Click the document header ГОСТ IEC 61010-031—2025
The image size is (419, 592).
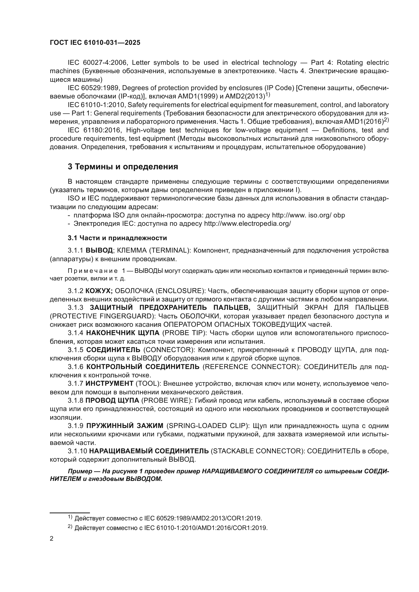click(95, 43)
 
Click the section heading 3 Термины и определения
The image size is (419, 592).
click(123, 167)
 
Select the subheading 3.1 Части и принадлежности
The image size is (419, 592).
click(117, 238)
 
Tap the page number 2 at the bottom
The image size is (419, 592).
click(52, 538)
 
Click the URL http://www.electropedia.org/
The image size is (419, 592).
click(247, 223)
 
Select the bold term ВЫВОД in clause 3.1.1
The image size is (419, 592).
click(99, 250)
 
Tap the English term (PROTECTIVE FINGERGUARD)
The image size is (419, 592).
click(102, 316)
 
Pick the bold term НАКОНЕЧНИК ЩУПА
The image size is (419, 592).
click(123, 333)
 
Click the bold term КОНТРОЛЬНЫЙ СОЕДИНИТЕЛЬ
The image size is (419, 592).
click(143, 367)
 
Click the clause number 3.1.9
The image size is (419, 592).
click(75, 426)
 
